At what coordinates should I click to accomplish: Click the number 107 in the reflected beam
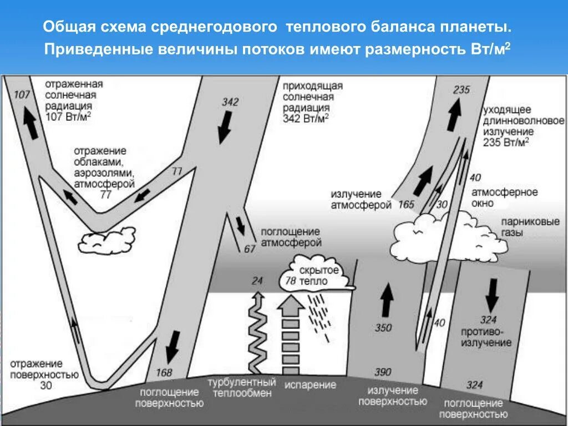(x=22, y=95)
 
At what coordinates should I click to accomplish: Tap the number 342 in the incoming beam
(x=230, y=102)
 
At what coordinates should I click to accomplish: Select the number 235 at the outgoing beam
(x=461, y=90)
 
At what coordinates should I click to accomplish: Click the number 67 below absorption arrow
(x=250, y=249)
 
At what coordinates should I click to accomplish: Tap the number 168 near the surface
(x=164, y=372)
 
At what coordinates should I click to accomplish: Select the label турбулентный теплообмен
(x=242, y=388)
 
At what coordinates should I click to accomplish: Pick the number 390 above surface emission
(x=383, y=372)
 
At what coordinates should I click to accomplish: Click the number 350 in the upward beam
(x=383, y=328)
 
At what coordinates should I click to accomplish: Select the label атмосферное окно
(x=504, y=197)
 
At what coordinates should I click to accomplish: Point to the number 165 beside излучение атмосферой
(x=405, y=205)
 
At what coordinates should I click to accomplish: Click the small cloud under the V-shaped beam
(x=106, y=241)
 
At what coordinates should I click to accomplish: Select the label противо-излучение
(x=485, y=337)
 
